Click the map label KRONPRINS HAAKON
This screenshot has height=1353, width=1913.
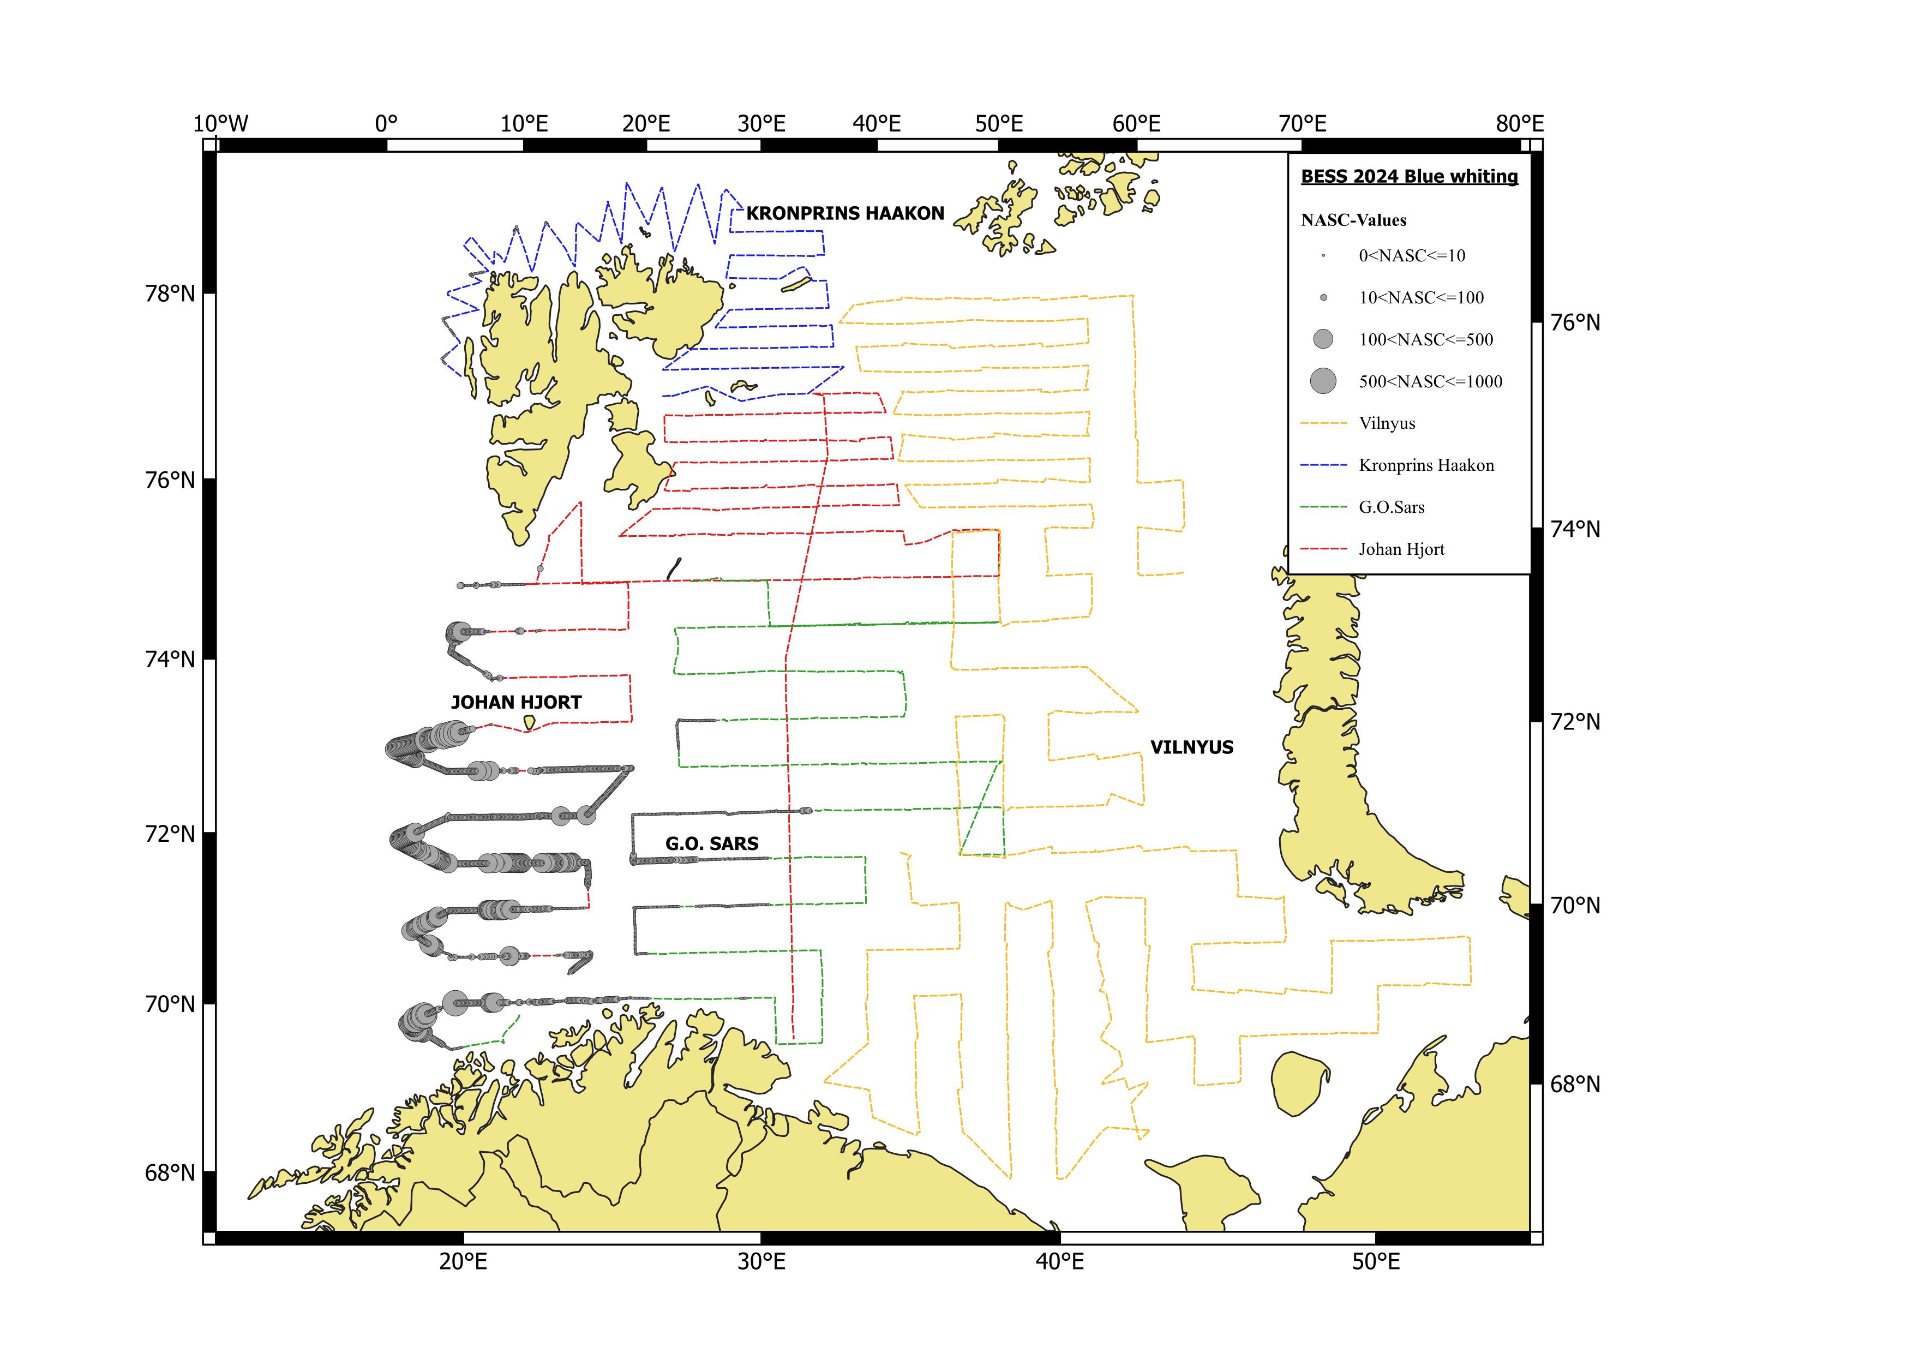[x=845, y=213]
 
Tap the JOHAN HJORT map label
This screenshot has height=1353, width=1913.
[x=515, y=702]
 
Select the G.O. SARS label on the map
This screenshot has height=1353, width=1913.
[x=711, y=844]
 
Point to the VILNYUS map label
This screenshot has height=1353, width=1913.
[x=1191, y=747]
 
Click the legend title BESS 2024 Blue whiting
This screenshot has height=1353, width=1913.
[x=1409, y=177]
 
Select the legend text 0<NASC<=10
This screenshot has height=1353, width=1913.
[x=1411, y=256]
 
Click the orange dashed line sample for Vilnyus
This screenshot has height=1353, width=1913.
[x=1323, y=423]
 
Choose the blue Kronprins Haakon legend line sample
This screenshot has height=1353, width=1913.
[x=1323, y=465]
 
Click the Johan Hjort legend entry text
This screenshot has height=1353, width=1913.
[x=1401, y=549]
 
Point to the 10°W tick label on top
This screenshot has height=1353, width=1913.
[x=221, y=124]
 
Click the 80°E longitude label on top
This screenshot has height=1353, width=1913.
[x=1519, y=124]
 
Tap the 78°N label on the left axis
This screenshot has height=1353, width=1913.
[x=171, y=294]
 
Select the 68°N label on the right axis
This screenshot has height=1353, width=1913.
[x=1575, y=1084]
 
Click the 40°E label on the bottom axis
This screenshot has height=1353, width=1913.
[x=1060, y=1262]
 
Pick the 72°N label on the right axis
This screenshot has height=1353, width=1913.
[x=1575, y=721]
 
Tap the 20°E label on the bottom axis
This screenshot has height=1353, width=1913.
[x=463, y=1262]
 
